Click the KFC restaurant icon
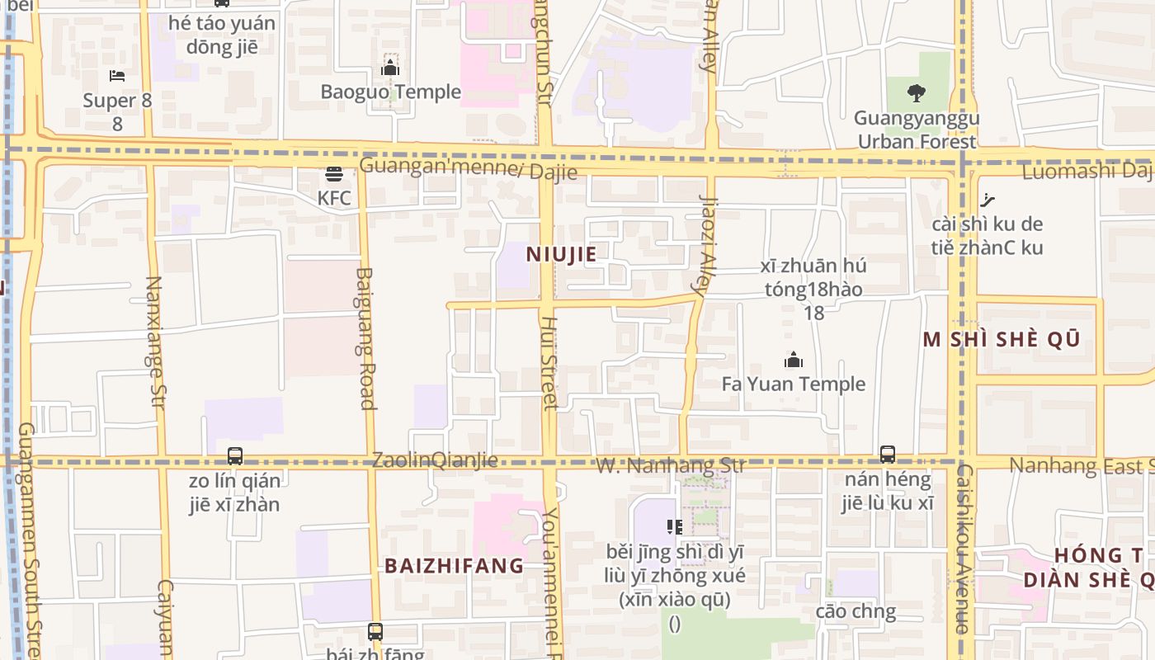(334, 174)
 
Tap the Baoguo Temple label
(390, 92)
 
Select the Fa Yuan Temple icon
(794, 360)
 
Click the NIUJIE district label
(561, 254)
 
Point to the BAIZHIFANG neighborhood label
(454, 566)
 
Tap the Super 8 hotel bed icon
(117, 76)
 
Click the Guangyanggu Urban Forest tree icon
(916, 92)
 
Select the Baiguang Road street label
(367, 338)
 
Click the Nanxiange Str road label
(155, 341)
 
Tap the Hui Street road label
(549, 363)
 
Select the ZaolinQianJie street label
(435, 460)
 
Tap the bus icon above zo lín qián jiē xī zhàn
(235, 455)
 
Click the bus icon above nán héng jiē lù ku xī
(888, 454)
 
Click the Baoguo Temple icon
(390, 67)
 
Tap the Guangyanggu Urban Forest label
(916, 130)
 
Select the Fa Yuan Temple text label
(794, 384)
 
